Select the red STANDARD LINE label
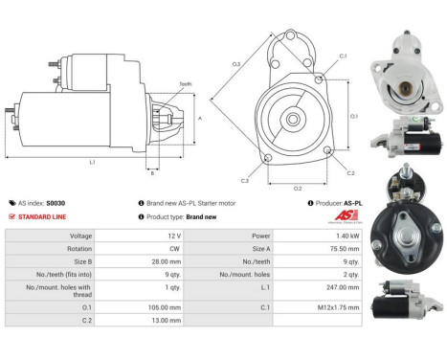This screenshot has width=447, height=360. click(42, 216)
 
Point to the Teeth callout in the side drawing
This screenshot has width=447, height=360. click(185, 85)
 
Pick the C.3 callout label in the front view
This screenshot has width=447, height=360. click(245, 180)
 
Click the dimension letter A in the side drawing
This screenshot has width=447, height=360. click(199, 119)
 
